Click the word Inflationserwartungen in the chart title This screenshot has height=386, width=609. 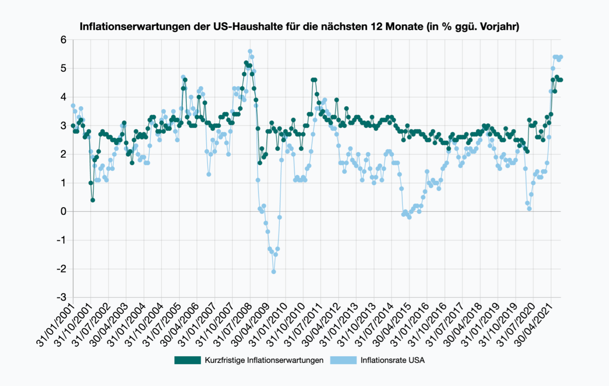145,27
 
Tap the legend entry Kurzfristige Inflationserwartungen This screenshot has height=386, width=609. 264,360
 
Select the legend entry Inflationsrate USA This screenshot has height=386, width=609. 392,360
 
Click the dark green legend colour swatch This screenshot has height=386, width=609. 188,360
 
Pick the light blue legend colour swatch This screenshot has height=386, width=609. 343,360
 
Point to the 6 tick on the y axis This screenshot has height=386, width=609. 63,40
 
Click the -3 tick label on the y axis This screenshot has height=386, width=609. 62,297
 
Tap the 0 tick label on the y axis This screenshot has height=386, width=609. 63,211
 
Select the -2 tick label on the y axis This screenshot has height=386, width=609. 62,269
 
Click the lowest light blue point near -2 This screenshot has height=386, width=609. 274,272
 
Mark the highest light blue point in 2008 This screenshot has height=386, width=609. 250,51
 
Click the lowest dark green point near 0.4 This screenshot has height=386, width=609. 93,200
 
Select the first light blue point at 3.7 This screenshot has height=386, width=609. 73,105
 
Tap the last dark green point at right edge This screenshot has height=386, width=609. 561,80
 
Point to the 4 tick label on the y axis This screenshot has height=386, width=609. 63,97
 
